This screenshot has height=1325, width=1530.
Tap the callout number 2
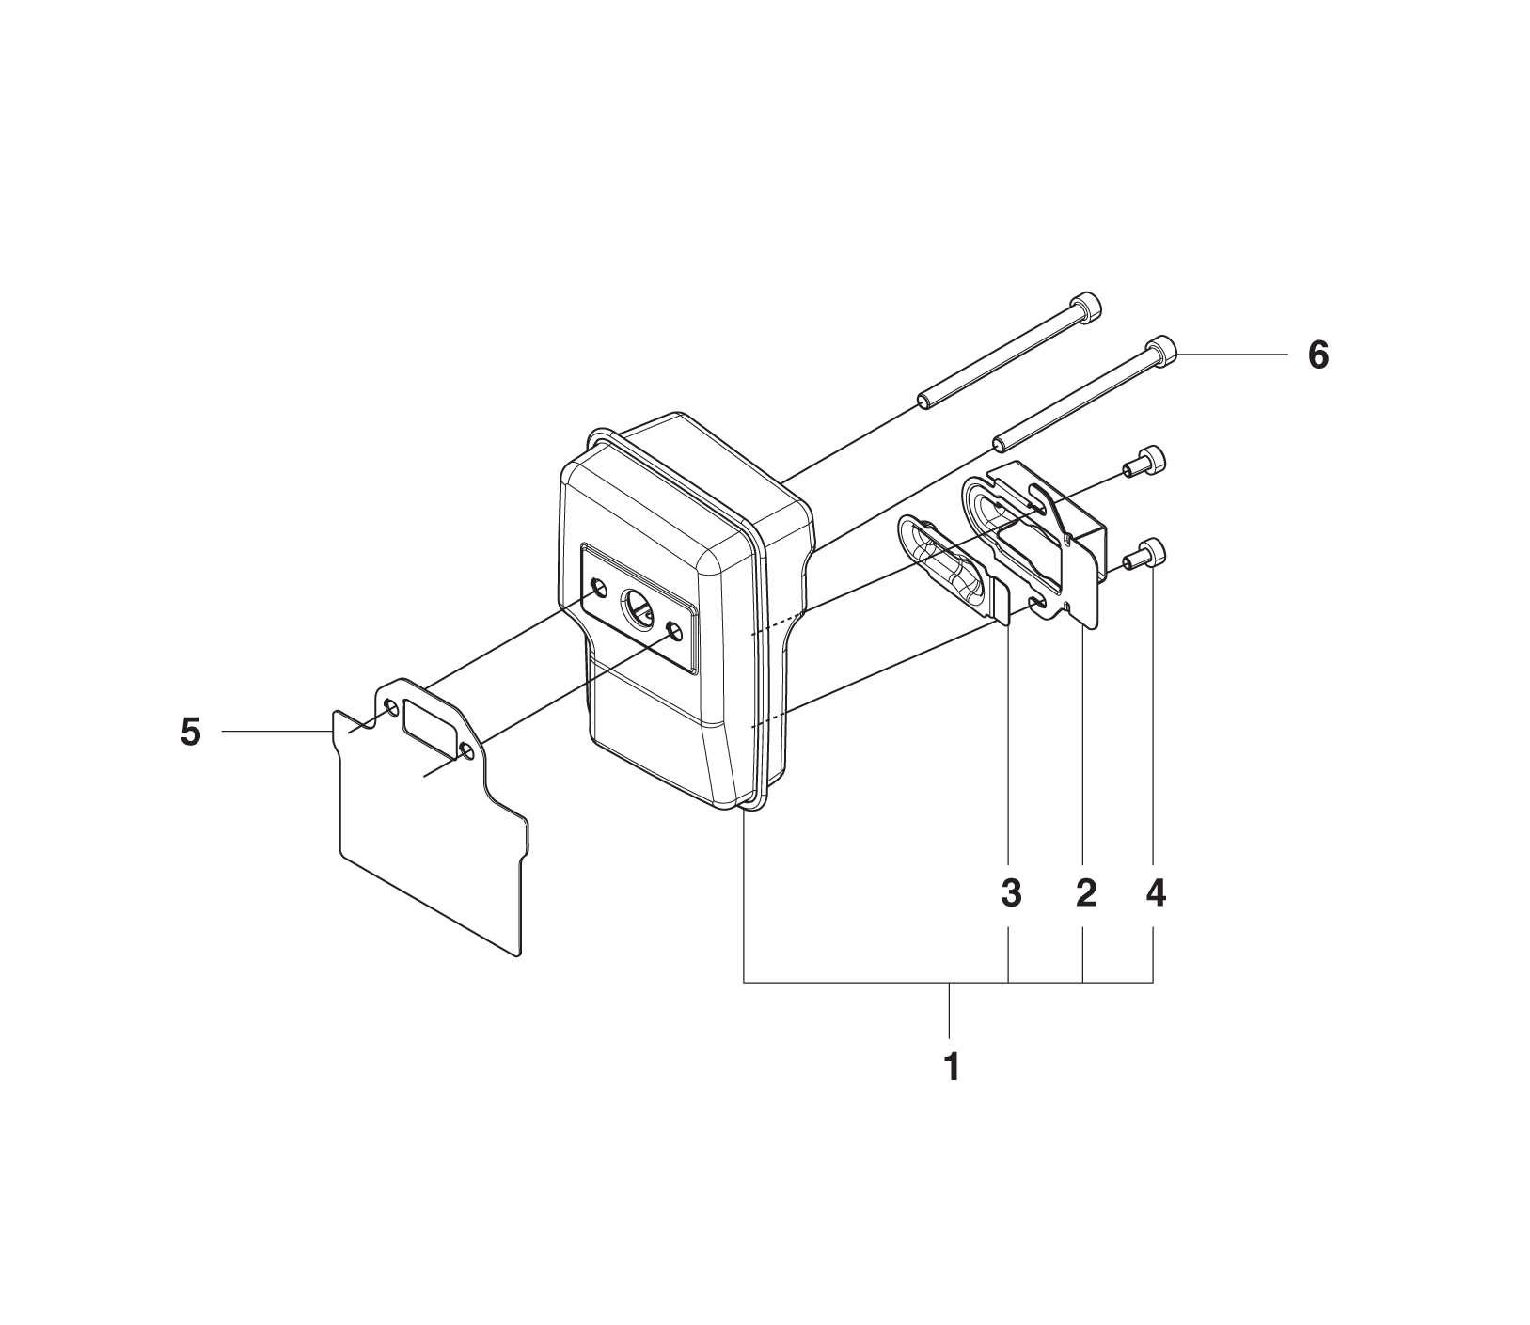pyautogui.click(x=1085, y=893)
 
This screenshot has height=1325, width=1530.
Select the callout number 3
pyautogui.click(x=1011, y=893)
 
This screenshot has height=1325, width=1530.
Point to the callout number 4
pyautogui.click(x=1156, y=893)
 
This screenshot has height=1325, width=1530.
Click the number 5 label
pyautogui.click(x=191, y=731)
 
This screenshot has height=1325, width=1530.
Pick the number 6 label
pyautogui.click(x=1318, y=355)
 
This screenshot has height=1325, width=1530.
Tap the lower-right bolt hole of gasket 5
pyautogui.click(x=466, y=749)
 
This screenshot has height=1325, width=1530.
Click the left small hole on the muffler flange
pyautogui.click(x=597, y=589)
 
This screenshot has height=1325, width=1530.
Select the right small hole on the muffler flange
pyautogui.click(x=673, y=629)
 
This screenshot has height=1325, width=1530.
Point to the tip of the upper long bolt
pyautogui.click(x=922, y=403)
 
